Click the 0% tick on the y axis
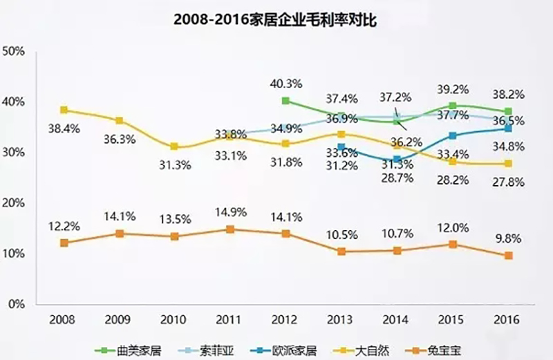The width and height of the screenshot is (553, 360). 17,304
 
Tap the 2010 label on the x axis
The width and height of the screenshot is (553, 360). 174,320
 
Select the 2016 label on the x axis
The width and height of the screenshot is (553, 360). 508,320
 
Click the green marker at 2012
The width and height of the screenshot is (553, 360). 285,101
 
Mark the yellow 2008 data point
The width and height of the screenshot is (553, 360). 64,110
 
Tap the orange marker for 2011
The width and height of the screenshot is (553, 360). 230,229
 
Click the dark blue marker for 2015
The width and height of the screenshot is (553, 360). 453,135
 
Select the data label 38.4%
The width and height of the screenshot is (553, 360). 61,128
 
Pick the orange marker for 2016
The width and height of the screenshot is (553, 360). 509,255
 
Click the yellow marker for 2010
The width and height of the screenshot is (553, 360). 175,146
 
